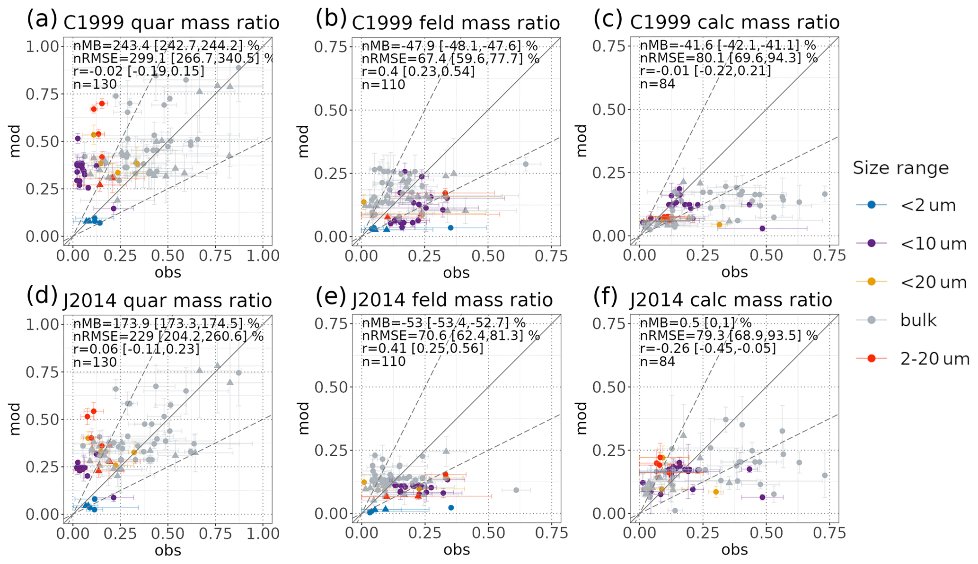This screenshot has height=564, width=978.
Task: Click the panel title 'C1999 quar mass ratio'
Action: [x=171, y=22]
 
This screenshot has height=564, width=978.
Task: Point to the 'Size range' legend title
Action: [x=900, y=168]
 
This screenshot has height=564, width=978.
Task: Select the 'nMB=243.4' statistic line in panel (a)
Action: [x=166, y=46]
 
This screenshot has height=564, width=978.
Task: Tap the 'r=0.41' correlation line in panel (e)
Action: [x=423, y=349]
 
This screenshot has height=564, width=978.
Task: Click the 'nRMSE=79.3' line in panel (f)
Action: [x=729, y=336]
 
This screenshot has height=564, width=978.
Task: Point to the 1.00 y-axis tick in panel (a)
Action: [x=42, y=46]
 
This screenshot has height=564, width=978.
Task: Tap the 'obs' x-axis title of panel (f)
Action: [x=734, y=549]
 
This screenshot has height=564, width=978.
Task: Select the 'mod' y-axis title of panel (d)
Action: [x=15, y=419]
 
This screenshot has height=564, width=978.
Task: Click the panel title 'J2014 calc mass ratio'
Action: [x=731, y=300]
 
